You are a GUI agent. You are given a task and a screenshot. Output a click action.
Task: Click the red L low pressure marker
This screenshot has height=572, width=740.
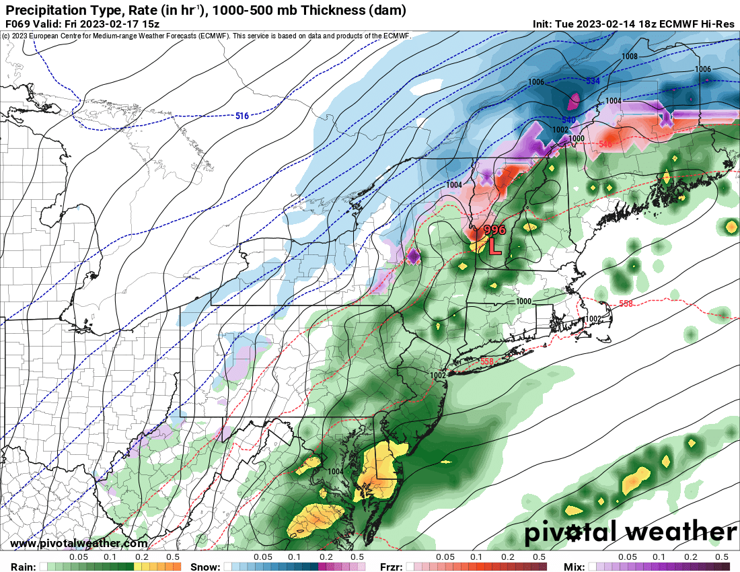pos(494,246)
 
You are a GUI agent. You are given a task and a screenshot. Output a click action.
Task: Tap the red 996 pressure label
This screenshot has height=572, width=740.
pos(494,230)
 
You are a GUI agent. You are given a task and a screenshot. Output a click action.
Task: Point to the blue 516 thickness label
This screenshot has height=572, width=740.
pos(242,116)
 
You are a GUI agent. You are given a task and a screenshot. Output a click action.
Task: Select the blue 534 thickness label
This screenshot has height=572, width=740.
pos(593,81)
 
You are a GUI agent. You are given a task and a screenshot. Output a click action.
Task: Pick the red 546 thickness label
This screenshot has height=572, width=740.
pos(605,145)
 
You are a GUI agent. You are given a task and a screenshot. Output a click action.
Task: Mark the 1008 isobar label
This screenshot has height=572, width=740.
pos(630,57)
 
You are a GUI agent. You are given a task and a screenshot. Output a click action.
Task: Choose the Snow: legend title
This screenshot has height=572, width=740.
pos(205,566)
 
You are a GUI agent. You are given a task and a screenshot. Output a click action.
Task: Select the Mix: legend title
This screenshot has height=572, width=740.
pos(577,566)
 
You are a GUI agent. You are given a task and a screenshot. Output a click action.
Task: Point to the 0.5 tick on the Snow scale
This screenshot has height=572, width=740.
pos(357,557)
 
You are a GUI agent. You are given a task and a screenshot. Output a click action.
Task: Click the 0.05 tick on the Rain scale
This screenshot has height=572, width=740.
pos(79,557)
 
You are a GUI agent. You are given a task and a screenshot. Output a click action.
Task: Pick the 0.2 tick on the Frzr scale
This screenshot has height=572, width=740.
pos(508,557)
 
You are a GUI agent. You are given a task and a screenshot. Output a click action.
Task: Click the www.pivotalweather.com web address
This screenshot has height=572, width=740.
pos(79,543)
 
